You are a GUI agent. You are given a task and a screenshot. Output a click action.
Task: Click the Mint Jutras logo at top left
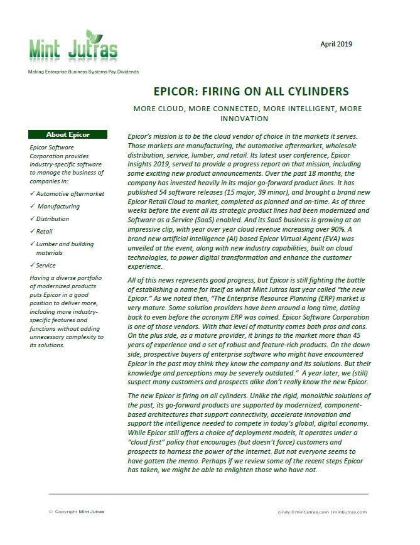point(72,47)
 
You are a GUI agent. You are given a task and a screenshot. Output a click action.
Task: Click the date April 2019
point(336,44)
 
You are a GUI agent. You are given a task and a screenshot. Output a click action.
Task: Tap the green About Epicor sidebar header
point(68,134)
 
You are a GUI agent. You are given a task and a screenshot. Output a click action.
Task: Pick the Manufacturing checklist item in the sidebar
point(58,206)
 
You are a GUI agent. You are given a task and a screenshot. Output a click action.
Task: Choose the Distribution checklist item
point(53,219)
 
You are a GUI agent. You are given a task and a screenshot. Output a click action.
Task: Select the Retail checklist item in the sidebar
point(45,231)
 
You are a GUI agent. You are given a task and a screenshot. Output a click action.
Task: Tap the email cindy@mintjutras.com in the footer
point(303,512)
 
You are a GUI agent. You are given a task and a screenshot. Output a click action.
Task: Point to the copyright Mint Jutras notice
point(77,512)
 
